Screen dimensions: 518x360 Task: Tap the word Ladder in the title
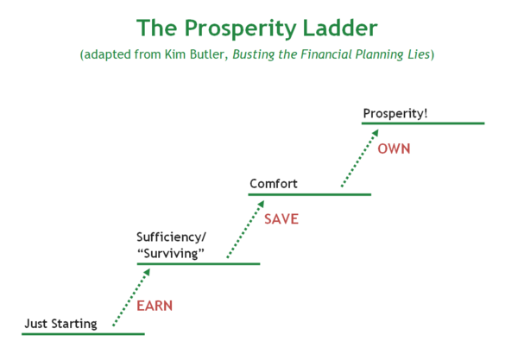click(340, 28)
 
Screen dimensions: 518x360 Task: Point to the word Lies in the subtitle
click(418, 54)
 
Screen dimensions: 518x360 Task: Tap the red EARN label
click(155, 306)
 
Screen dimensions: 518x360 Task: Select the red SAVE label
click(281, 219)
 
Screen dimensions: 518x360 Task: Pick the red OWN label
click(394, 149)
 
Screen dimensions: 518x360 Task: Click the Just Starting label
click(60, 324)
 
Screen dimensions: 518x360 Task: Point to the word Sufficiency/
click(171, 237)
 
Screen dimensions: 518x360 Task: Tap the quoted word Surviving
click(171, 254)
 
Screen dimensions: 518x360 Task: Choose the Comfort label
click(274, 184)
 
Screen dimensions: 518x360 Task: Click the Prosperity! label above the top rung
click(395, 114)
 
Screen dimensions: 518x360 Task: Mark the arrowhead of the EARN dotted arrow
click(147, 272)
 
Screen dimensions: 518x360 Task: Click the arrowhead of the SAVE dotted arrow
click(261, 204)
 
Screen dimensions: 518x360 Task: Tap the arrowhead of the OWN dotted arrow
click(376, 133)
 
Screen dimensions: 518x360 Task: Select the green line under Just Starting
click(83, 334)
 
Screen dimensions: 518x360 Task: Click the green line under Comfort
click(310, 194)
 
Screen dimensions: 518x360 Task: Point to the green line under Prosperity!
click(423, 123)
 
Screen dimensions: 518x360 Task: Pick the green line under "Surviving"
click(199, 264)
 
